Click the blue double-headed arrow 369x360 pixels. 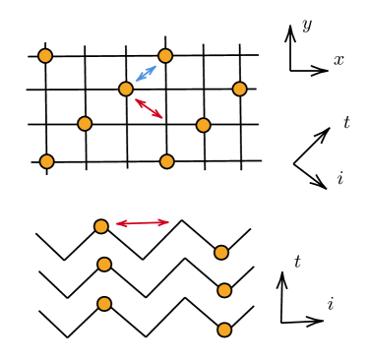coord(146,73)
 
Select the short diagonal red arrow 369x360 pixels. coord(149,108)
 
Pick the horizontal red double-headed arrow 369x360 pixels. coord(143,223)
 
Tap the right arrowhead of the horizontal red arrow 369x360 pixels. coord(164,222)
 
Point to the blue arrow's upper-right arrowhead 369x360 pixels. coord(153,68)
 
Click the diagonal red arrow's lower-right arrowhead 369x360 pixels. coord(158,115)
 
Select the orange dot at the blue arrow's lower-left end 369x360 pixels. coord(126,89)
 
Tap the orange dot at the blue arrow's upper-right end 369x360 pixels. coord(165,56)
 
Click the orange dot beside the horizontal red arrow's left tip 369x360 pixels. coord(101,226)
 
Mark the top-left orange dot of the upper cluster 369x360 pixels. coord(45,56)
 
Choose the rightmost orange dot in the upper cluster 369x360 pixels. coord(239,89)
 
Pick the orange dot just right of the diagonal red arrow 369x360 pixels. coord(203,125)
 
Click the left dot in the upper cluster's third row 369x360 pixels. coord(85,124)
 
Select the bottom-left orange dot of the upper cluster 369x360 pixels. coord(46,161)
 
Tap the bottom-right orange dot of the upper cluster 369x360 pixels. coord(167,161)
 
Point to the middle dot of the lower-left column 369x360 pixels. coord(104,265)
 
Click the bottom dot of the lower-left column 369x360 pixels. coord(104,304)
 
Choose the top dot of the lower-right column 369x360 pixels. coord(221,253)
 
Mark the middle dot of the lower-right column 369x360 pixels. coord(224,290)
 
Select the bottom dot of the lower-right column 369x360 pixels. coord(224,330)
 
